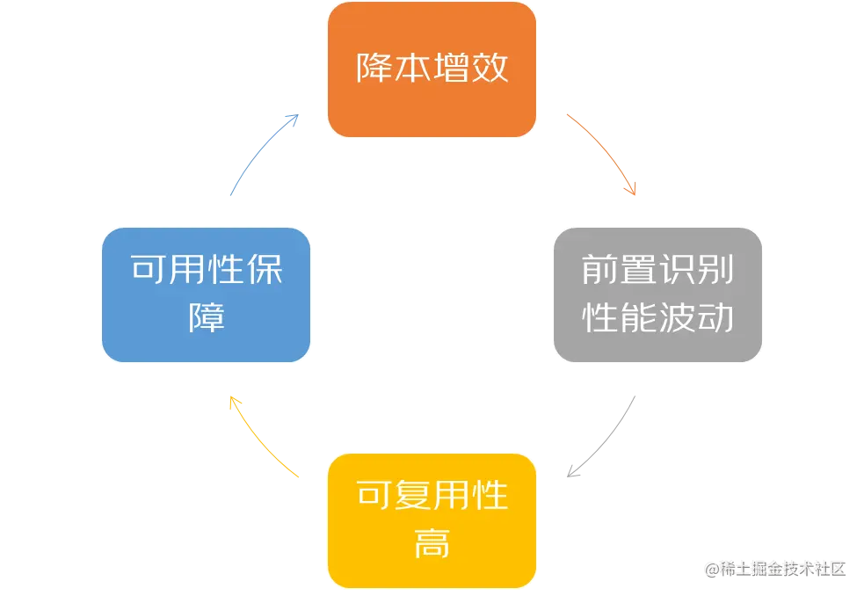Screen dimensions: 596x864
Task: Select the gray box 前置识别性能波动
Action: click(657, 294)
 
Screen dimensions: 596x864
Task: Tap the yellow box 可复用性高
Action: click(432, 520)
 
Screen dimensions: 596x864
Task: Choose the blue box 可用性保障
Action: click(207, 294)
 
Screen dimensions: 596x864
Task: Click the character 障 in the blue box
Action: click(207, 317)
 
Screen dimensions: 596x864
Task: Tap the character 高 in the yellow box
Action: click(432, 544)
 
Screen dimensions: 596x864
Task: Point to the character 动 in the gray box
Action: click(715, 318)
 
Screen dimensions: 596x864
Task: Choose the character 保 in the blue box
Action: click(265, 271)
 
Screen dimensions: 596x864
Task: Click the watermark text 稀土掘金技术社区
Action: click(782, 568)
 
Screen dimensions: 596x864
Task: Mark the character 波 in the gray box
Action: click(677, 318)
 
